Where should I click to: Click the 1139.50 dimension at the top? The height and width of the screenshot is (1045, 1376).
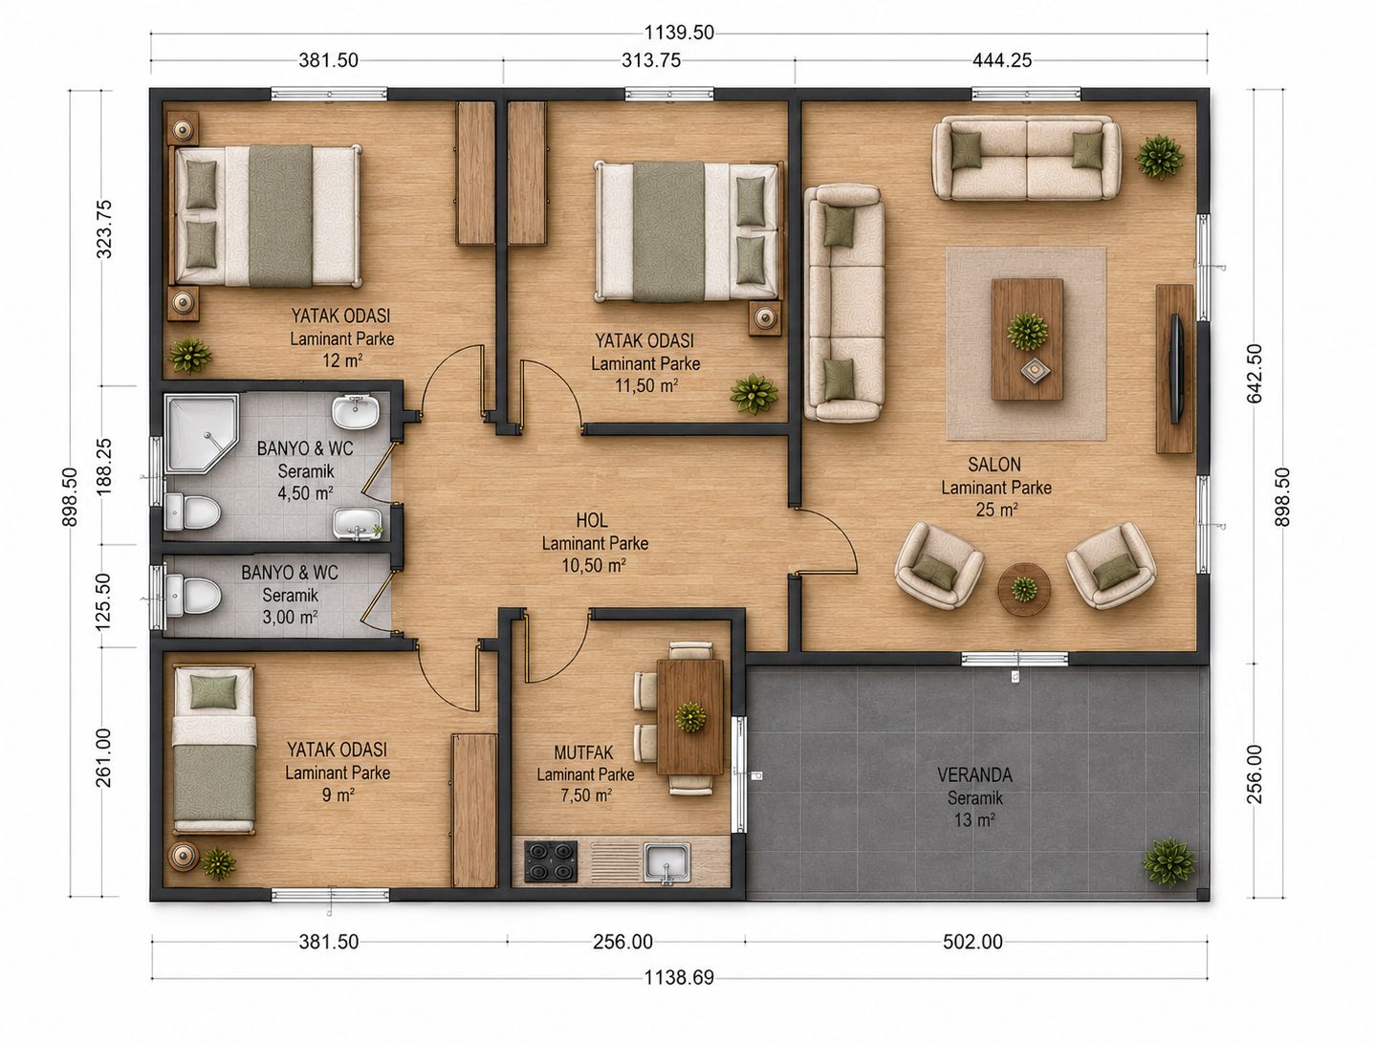pyautogui.click(x=679, y=33)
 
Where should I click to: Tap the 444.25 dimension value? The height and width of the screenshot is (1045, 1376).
pyautogui.click(x=1002, y=60)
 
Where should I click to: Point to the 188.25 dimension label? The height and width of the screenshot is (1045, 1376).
pyautogui.click(x=104, y=467)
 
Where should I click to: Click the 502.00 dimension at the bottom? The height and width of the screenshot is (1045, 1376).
pyautogui.click(x=972, y=942)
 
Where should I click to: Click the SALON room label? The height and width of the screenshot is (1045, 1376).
pyautogui.click(x=994, y=465)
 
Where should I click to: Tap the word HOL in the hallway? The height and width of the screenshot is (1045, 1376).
pyautogui.click(x=592, y=520)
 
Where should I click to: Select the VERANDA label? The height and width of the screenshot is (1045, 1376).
pyautogui.click(x=974, y=775)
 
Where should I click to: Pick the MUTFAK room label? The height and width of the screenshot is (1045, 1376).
pyautogui.click(x=583, y=751)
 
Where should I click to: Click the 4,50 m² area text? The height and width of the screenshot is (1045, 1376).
pyautogui.click(x=305, y=493)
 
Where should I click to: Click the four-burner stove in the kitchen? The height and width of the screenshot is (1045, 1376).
pyautogui.click(x=551, y=860)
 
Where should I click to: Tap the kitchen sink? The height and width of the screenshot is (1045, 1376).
pyautogui.click(x=667, y=860)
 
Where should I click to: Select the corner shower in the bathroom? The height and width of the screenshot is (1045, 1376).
pyautogui.click(x=201, y=432)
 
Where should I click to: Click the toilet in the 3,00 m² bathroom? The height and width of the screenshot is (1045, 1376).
pyautogui.click(x=193, y=596)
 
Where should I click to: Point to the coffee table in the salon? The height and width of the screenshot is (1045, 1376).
pyautogui.click(x=1027, y=339)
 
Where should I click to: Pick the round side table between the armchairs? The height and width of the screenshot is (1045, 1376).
pyautogui.click(x=1024, y=590)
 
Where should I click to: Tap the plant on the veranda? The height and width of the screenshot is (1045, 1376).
pyautogui.click(x=1169, y=862)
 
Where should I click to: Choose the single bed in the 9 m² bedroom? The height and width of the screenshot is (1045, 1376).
pyautogui.click(x=214, y=750)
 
